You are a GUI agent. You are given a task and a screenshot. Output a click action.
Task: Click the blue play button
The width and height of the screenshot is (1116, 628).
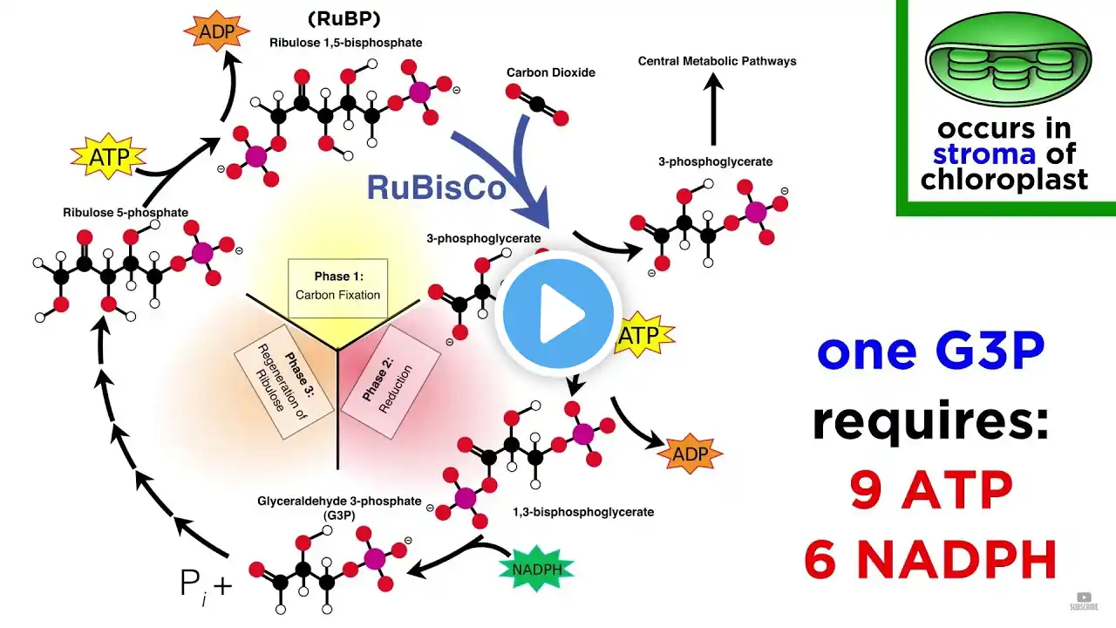pos(559,315)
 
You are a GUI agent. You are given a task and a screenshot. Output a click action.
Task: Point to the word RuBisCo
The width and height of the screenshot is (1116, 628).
pos(436,187)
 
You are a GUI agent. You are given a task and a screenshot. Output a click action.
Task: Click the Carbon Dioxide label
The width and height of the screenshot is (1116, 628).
pos(551,72)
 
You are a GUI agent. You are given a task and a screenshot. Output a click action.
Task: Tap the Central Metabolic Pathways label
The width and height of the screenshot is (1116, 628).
pos(717,61)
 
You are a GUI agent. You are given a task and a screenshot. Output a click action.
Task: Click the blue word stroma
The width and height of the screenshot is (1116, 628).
pos(984,154)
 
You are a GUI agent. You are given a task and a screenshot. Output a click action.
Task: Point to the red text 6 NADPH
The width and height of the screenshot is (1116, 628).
pos(929,559)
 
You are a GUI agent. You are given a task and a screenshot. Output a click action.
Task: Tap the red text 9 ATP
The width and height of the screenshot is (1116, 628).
pos(929,495)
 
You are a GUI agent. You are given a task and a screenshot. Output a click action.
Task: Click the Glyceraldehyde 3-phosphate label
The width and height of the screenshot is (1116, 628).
pos(339,502)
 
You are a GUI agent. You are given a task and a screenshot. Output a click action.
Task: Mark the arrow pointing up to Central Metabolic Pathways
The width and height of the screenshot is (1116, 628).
pos(714,110)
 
